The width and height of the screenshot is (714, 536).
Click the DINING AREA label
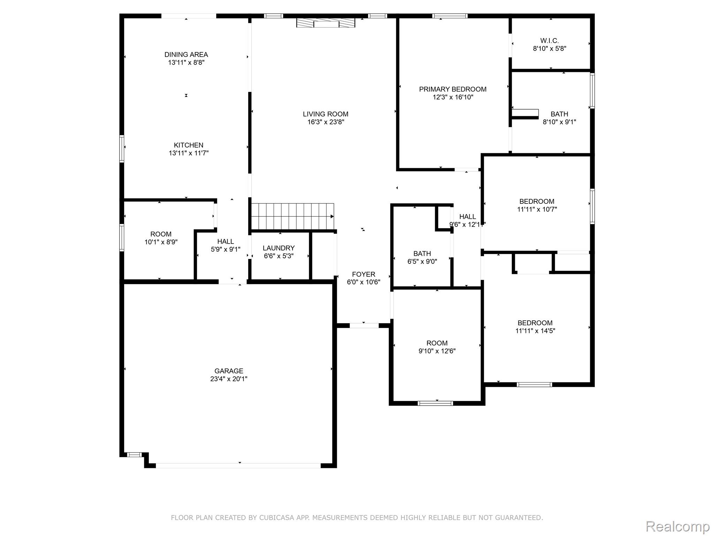pos(186,54)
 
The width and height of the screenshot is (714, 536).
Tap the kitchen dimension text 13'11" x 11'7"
pos(189,153)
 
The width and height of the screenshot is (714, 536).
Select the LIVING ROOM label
pos(325,114)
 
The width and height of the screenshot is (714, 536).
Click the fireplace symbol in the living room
pos(326,23)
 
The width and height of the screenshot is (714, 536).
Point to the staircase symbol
pos(292,216)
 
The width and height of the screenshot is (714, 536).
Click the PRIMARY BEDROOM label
pos(453,89)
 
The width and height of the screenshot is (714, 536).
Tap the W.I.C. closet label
pos(549,40)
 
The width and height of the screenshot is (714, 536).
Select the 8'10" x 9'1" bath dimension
pos(559,122)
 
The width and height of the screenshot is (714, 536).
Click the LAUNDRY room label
pos(279,248)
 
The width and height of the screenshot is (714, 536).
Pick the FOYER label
pos(363,274)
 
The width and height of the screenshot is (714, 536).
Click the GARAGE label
pos(229,371)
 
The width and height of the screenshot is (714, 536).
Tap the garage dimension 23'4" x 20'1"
pos(229,379)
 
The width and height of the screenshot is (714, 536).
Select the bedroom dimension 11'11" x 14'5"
pos(535,331)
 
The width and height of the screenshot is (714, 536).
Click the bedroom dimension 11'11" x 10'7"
pos(537,209)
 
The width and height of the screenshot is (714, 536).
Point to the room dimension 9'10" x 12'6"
pos(437,351)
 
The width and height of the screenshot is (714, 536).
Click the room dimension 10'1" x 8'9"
pos(161,242)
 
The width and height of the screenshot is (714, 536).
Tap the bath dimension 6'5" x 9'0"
pos(422,261)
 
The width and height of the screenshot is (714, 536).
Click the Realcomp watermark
pos(677,526)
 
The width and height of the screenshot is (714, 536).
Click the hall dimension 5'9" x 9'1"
pos(226,249)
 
